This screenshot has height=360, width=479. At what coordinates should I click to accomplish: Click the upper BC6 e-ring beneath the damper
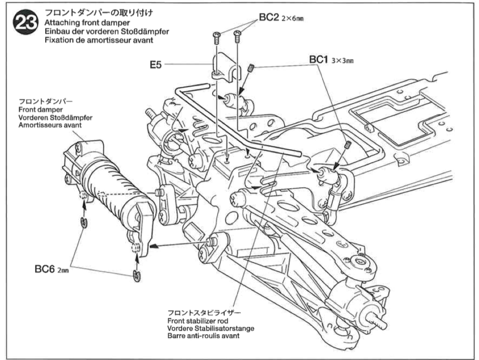click(83, 222)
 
